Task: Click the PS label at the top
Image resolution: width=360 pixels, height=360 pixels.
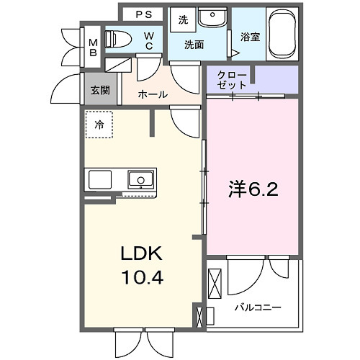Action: pos(145,14)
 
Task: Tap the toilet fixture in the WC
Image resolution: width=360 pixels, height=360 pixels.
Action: pos(120,39)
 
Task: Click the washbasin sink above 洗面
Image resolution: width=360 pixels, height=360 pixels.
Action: pos(211,18)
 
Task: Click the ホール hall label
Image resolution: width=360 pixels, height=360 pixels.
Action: pos(152,94)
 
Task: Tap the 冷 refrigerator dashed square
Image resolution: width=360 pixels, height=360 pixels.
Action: pos(99,125)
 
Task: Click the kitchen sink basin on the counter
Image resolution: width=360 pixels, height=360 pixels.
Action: pos(141,179)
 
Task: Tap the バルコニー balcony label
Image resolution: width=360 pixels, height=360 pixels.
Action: pos(257,307)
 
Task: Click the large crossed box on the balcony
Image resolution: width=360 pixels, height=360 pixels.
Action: pos(216,284)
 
